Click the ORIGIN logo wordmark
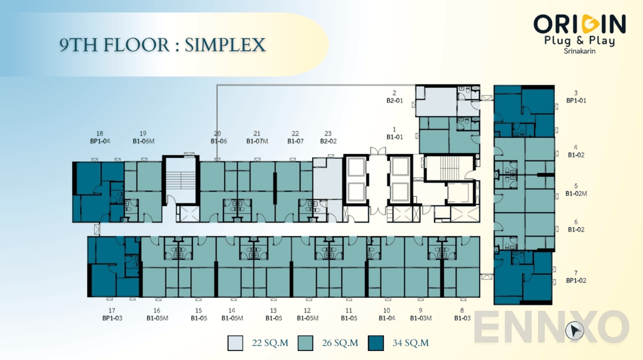click(580, 24)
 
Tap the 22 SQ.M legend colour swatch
click(235, 342)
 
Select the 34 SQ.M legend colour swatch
click(376, 342)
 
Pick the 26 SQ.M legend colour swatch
click(306, 342)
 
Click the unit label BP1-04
click(100, 141)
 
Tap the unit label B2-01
click(394, 100)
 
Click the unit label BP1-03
click(112, 318)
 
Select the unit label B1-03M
click(421, 318)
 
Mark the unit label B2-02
click(328, 141)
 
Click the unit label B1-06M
click(143, 141)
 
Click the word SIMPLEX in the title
click(225, 45)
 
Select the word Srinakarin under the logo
click(579, 51)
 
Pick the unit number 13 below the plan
click(273, 311)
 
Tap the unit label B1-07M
click(257, 141)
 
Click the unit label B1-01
click(394, 137)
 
